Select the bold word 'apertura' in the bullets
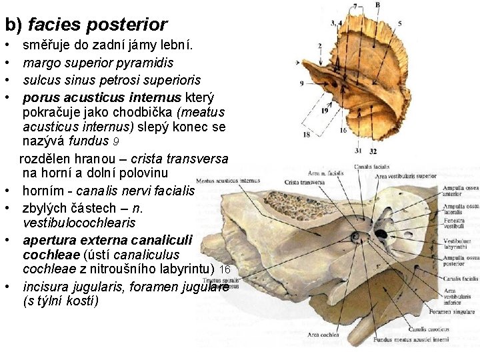click(x=51, y=239)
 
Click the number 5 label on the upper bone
click(x=399, y=24)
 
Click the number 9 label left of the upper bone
click(x=302, y=83)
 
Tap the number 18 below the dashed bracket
click(x=306, y=135)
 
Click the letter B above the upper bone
click(x=377, y=5)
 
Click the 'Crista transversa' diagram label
click(x=304, y=182)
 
